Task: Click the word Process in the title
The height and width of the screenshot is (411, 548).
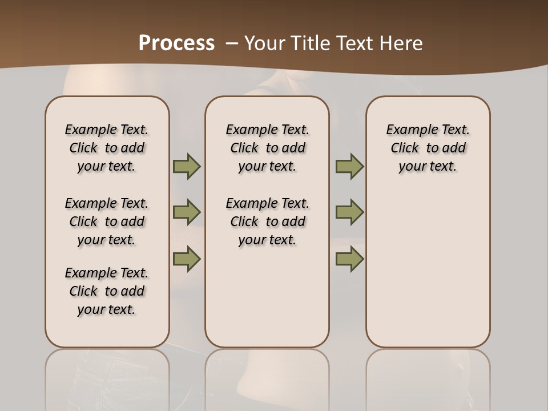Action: [x=176, y=43]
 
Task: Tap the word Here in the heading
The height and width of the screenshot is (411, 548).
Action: [x=402, y=43]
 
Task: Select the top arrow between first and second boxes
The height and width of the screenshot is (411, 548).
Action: [x=187, y=166]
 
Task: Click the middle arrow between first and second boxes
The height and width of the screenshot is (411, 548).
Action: [x=187, y=212]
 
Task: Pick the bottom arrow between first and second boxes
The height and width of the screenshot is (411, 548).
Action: [x=187, y=259]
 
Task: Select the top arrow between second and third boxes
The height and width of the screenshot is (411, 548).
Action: [x=349, y=166]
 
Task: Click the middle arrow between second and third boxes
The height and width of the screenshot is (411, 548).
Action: [x=349, y=212]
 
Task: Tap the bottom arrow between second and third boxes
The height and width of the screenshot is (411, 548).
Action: [x=349, y=259]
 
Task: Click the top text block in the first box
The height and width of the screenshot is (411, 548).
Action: [x=107, y=148]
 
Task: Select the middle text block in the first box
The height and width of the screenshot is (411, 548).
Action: [x=107, y=221]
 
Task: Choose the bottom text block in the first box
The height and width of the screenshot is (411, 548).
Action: [x=107, y=291]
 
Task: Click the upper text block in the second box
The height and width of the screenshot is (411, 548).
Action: [x=267, y=148]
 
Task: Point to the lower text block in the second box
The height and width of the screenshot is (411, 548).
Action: [x=267, y=221]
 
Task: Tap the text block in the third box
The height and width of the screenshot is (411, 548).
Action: [x=428, y=148]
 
